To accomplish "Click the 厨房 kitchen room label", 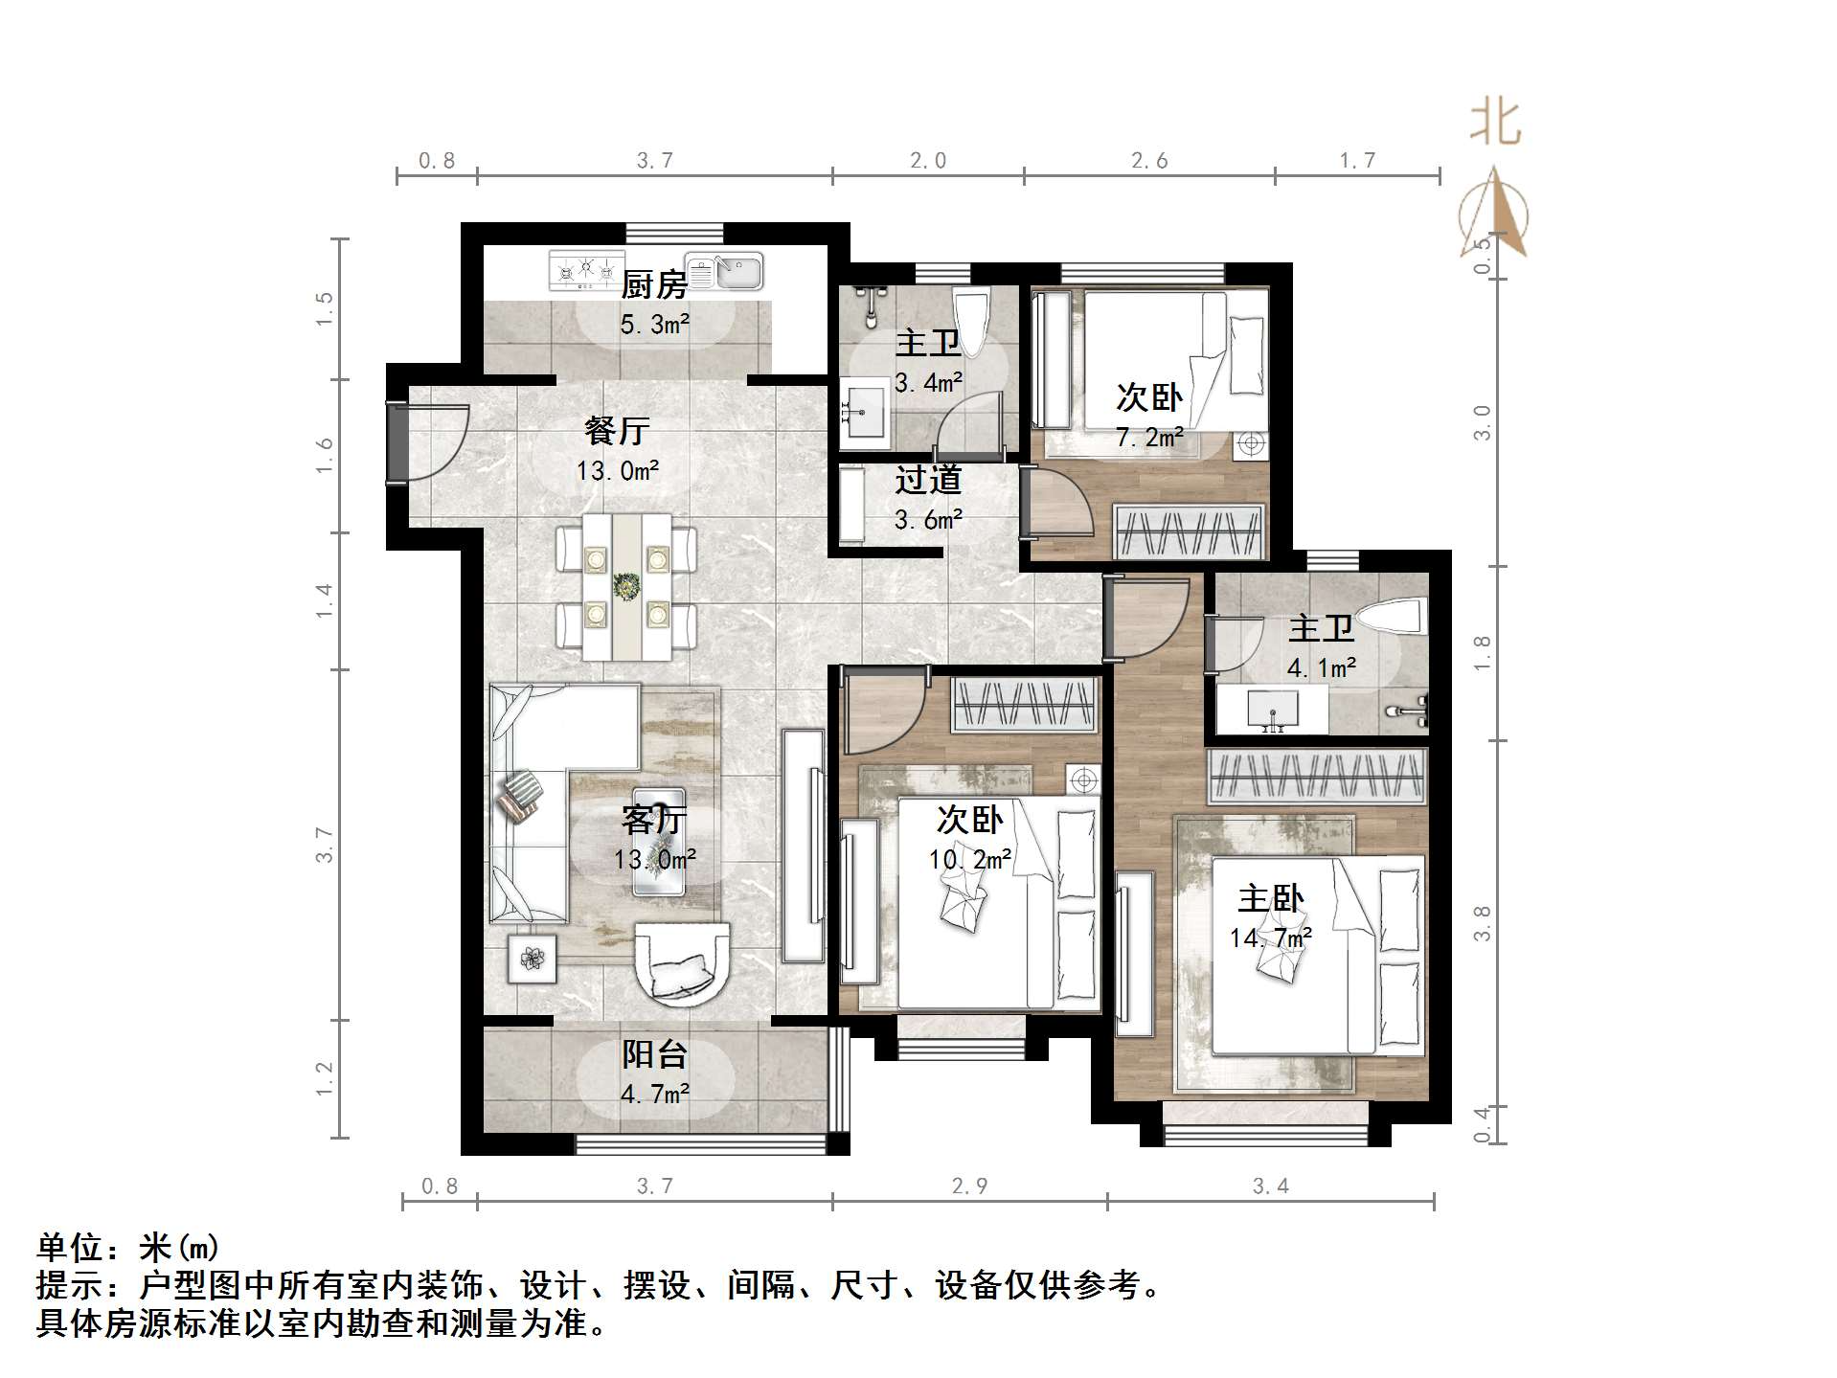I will [x=654, y=284].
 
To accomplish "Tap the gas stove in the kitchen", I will [x=584, y=271].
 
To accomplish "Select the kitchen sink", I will [x=724, y=271].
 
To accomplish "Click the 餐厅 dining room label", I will [x=617, y=430].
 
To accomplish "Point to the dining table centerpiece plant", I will [x=626, y=586].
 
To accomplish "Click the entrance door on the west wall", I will [x=397, y=442].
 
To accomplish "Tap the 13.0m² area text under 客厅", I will [x=655, y=859].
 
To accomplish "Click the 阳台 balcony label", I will [x=655, y=1053].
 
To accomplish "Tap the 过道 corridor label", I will [x=927, y=480].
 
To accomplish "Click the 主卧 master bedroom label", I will [x=1270, y=898].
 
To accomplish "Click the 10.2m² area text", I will [x=969, y=859].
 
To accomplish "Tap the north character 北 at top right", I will [x=1495, y=124].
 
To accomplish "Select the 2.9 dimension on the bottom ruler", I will [x=969, y=1186].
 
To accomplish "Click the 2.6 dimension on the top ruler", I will [x=1148, y=160].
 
